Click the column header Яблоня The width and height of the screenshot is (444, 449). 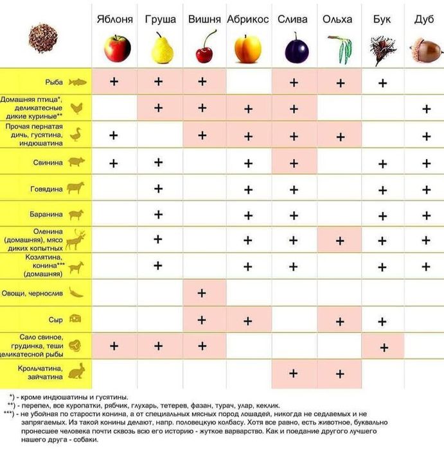[x=114, y=19]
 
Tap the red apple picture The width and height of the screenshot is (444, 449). [x=117, y=47]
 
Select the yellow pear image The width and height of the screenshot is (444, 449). [x=162, y=48]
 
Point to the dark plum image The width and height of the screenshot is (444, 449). [x=296, y=49]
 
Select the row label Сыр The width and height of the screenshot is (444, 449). [x=56, y=319]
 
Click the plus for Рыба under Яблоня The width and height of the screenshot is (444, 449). [x=114, y=82]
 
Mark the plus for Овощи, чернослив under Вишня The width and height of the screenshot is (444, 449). [x=202, y=293]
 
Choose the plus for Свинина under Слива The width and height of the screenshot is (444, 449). [x=294, y=163]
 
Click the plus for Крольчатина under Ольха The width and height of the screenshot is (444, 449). [x=339, y=373]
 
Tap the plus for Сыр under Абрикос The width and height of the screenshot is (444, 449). [x=248, y=319]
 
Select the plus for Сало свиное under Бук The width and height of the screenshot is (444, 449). [x=384, y=347]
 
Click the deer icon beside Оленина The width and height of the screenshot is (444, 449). [x=76, y=240]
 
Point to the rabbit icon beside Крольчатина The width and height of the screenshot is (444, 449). [x=76, y=371]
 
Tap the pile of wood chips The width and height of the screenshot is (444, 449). [x=43, y=38]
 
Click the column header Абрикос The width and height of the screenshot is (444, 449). [x=247, y=19]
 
